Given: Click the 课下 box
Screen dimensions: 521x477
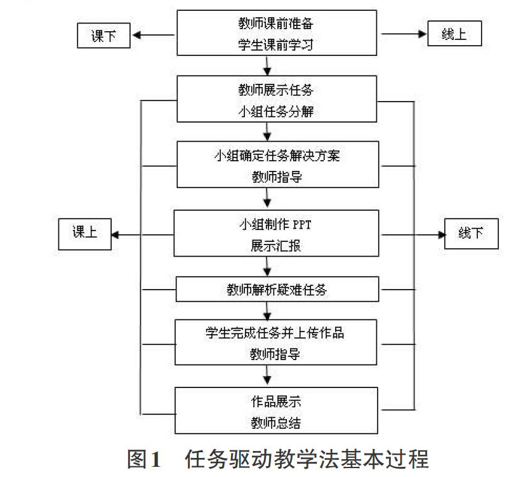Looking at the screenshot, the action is click(103, 36).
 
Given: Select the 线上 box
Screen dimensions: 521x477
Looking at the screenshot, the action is click(454, 33).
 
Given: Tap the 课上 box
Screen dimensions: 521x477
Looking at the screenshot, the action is click(85, 234).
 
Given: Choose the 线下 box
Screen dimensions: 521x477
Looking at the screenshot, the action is click(471, 234).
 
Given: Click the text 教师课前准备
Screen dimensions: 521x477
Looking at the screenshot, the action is click(275, 24).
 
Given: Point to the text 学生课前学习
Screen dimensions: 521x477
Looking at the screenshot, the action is click(275, 44).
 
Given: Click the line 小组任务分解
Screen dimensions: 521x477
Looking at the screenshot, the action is click(276, 111).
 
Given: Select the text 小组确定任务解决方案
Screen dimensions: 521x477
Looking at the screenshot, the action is click(277, 156).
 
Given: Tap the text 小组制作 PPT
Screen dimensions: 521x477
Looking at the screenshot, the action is click(275, 225).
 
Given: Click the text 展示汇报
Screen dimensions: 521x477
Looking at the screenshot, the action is click(275, 246).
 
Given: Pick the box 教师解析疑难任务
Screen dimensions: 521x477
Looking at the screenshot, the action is click(277, 290).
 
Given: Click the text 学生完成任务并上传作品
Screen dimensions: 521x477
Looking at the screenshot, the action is click(275, 333).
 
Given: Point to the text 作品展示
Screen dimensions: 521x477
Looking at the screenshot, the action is click(276, 401).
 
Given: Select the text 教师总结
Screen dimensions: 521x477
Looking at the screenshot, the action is click(276, 423).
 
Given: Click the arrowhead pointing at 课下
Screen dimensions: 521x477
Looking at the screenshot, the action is click(136, 35).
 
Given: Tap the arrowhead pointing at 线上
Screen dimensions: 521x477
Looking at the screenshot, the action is click(422, 34).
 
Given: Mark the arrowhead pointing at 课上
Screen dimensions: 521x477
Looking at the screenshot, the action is click(115, 235).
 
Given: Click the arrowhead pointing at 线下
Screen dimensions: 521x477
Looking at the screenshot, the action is click(441, 235).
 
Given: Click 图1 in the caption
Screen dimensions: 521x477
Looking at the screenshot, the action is click(144, 459).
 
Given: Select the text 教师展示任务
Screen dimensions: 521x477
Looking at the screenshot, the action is click(276, 90).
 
